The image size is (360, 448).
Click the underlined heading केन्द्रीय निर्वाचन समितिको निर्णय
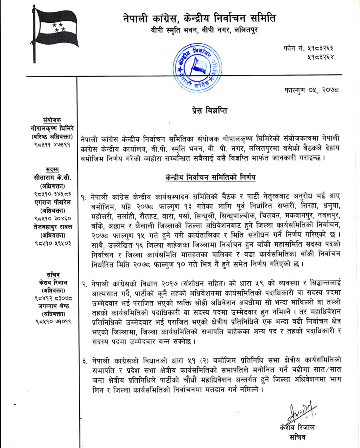(x=210, y=177)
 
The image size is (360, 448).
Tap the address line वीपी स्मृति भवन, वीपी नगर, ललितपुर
(x=199, y=29)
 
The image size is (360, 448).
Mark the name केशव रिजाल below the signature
(x=297, y=428)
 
